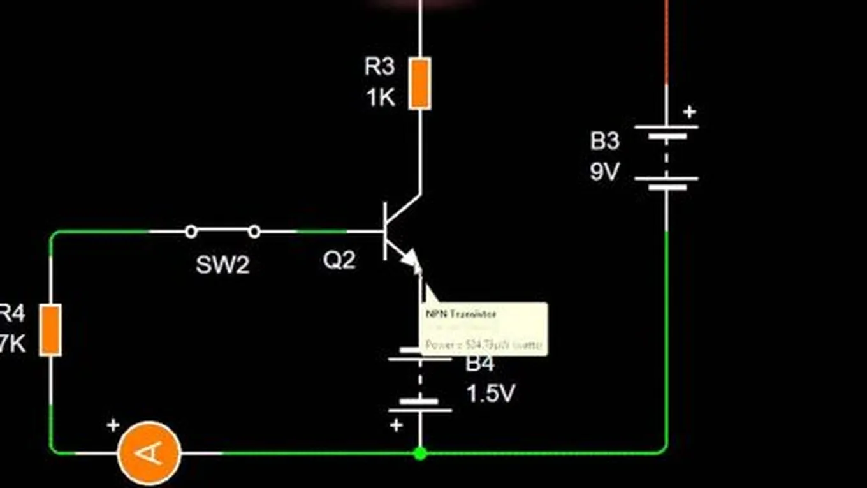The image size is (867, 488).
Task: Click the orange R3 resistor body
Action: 419,83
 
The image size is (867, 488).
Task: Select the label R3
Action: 379,66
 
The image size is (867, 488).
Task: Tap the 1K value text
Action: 380,98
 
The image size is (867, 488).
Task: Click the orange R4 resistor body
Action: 50,330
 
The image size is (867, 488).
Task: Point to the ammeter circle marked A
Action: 150,452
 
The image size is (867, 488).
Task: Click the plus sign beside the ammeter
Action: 113,425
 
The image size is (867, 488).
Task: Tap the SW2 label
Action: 222,265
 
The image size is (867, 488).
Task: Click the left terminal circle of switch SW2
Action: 191,232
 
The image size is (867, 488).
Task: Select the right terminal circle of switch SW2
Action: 254,232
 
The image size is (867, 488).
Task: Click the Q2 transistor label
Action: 339,260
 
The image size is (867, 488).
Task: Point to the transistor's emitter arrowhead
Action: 412,260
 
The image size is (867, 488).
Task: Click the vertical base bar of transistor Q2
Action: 386,231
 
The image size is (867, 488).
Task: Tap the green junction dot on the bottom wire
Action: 419,454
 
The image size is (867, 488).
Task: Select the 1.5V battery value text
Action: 490,394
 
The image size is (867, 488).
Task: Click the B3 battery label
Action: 604,141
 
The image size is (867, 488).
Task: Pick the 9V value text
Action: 604,172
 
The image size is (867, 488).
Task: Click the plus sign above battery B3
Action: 689,112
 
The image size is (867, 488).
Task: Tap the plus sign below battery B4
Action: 397,425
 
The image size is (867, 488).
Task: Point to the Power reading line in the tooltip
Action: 483,345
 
